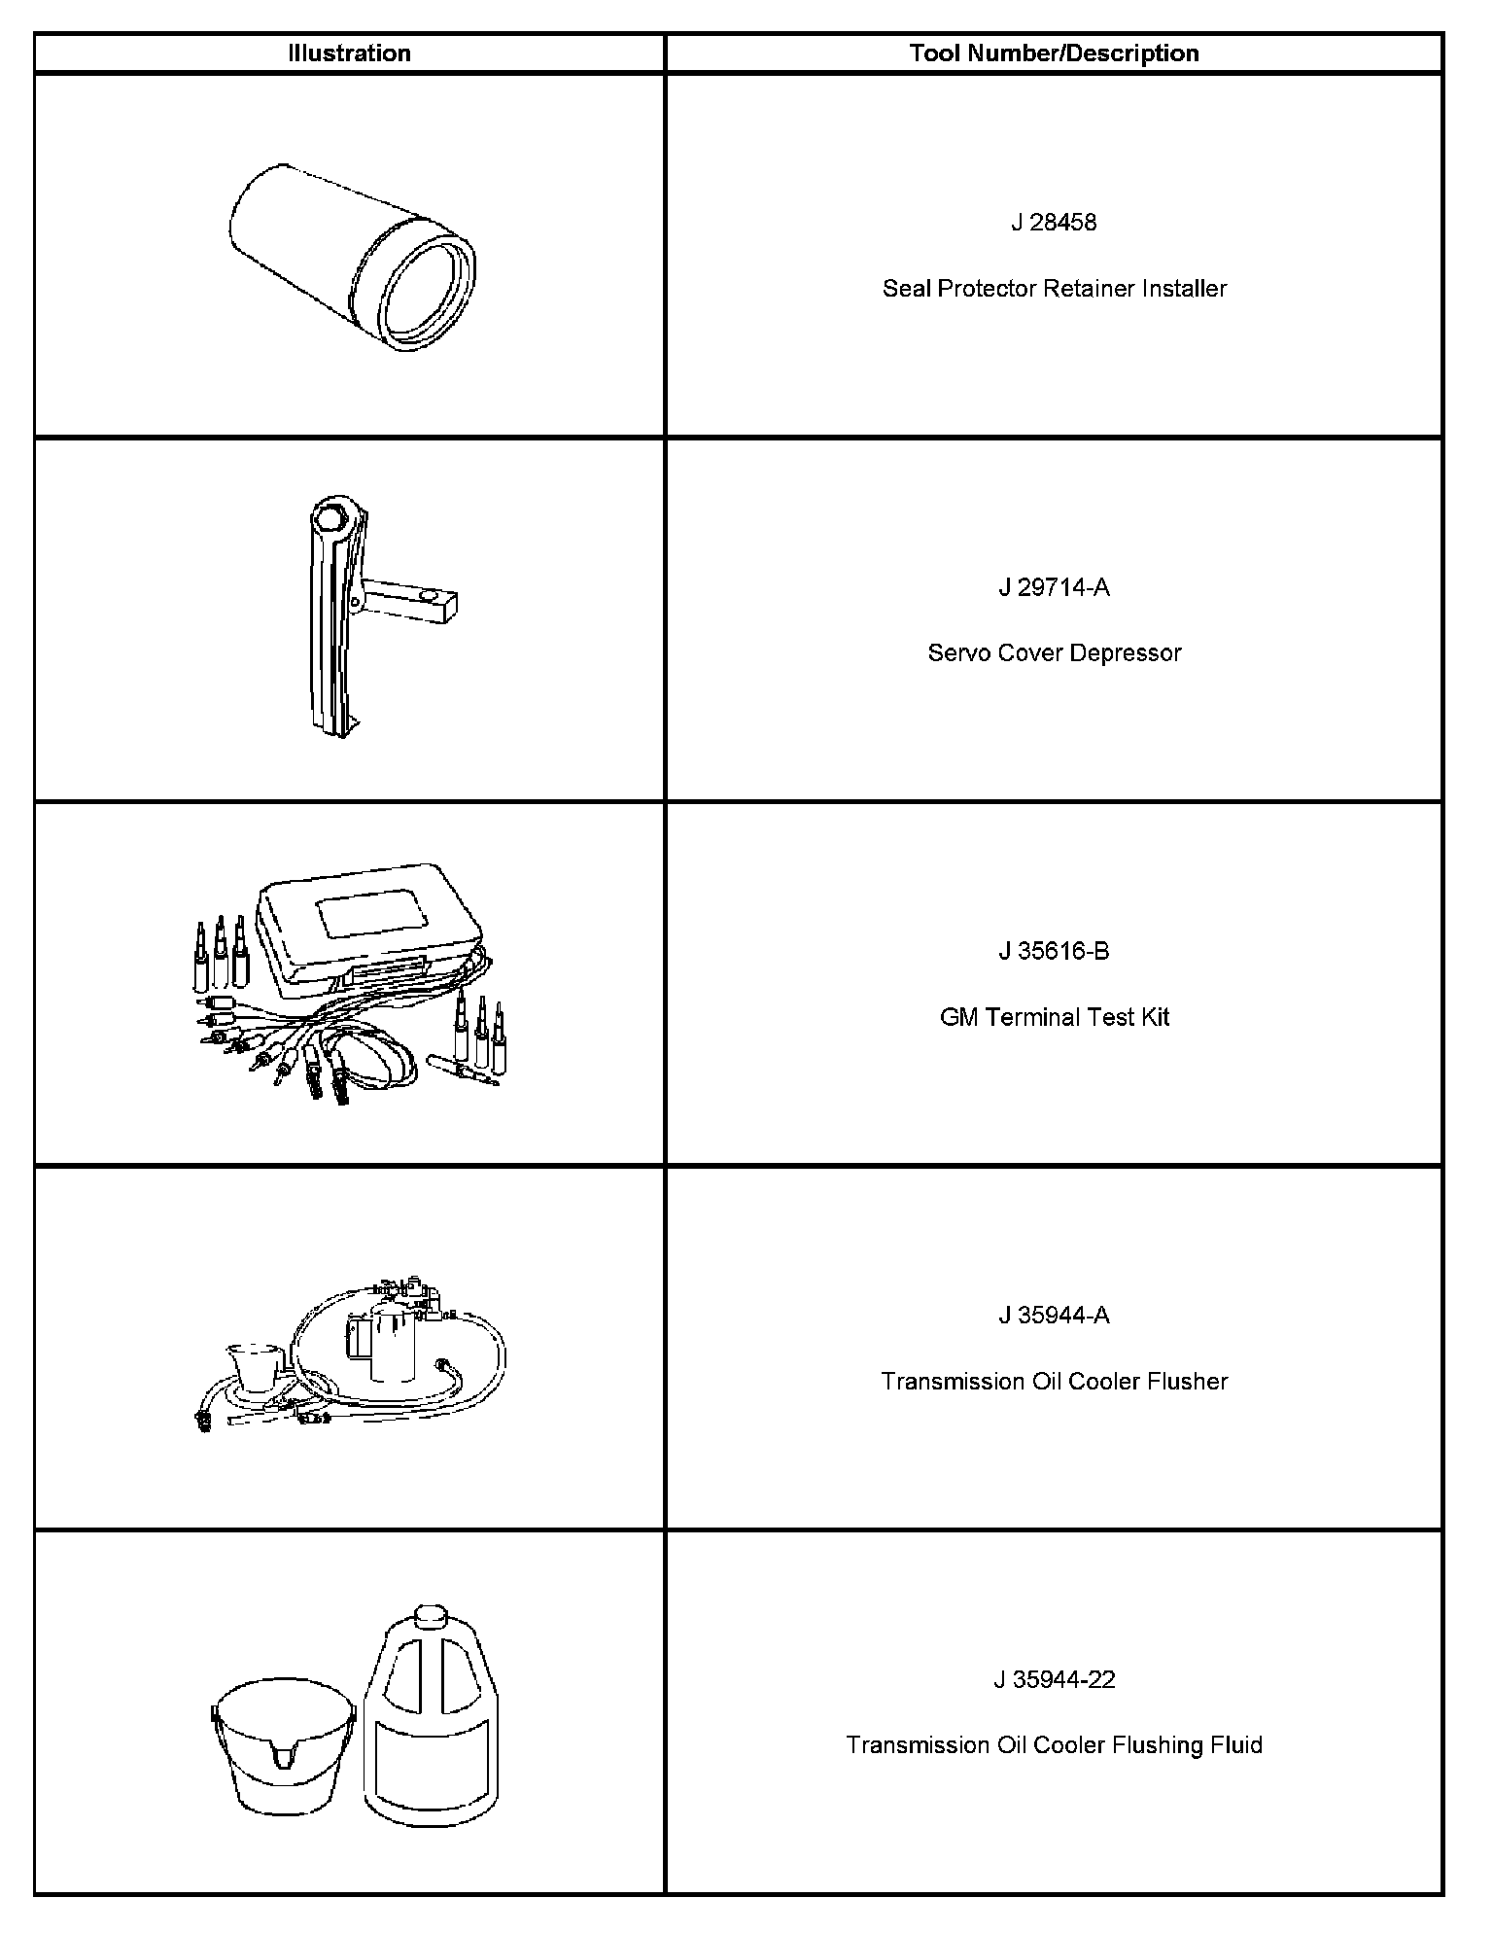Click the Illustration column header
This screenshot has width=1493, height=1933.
pyautogui.click(x=349, y=53)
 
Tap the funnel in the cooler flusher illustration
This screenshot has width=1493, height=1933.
pyautogui.click(x=256, y=1366)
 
